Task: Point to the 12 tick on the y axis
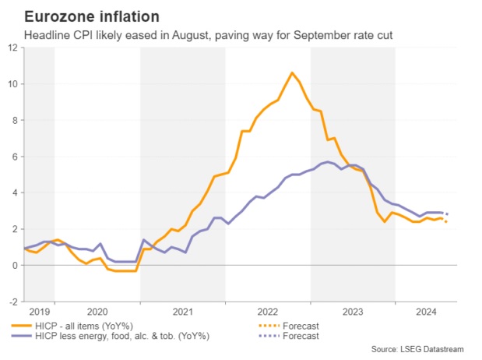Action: coord(13,48)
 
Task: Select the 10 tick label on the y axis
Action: coord(13,84)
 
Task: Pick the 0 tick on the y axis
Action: coord(16,266)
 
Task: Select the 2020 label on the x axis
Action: coord(98,311)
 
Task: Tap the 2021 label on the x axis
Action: coord(183,311)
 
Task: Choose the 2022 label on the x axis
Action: coord(268,311)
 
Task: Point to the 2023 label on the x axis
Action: coord(353,311)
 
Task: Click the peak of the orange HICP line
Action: coord(292,72)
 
